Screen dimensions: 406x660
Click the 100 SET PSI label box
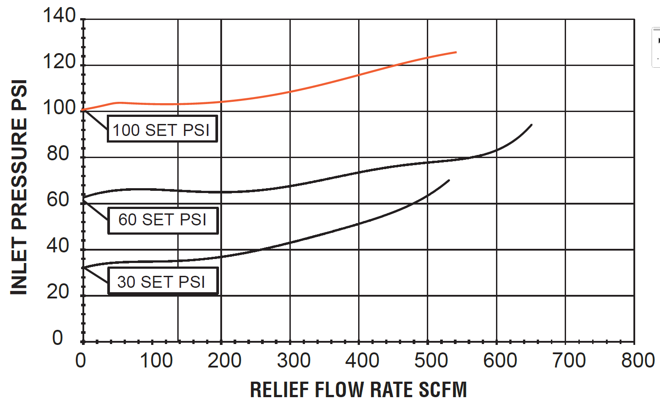click(x=162, y=129)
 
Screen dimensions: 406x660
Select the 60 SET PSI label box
click(x=163, y=220)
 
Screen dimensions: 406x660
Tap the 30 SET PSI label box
click(x=163, y=282)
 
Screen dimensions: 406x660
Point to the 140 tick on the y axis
click(x=59, y=16)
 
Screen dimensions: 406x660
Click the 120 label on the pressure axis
click(x=59, y=62)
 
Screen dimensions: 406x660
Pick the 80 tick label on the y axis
click(x=58, y=154)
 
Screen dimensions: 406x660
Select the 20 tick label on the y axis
click(x=58, y=292)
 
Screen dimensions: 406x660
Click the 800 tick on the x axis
click(x=637, y=360)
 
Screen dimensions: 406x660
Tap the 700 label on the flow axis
click(x=569, y=360)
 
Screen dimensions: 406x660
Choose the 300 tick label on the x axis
click(x=293, y=360)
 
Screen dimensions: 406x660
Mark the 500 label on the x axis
click(x=431, y=360)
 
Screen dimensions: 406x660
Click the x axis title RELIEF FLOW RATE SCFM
click(x=358, y=390)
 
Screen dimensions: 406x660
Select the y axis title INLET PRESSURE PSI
click(x=19, y=187)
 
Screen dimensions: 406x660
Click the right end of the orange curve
click(x=456, y=52)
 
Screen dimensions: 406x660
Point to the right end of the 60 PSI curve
click(x=531, y=125)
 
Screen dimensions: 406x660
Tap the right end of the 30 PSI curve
click(x=449, y=181)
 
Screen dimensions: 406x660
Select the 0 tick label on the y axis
click(x=58, y=338)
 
